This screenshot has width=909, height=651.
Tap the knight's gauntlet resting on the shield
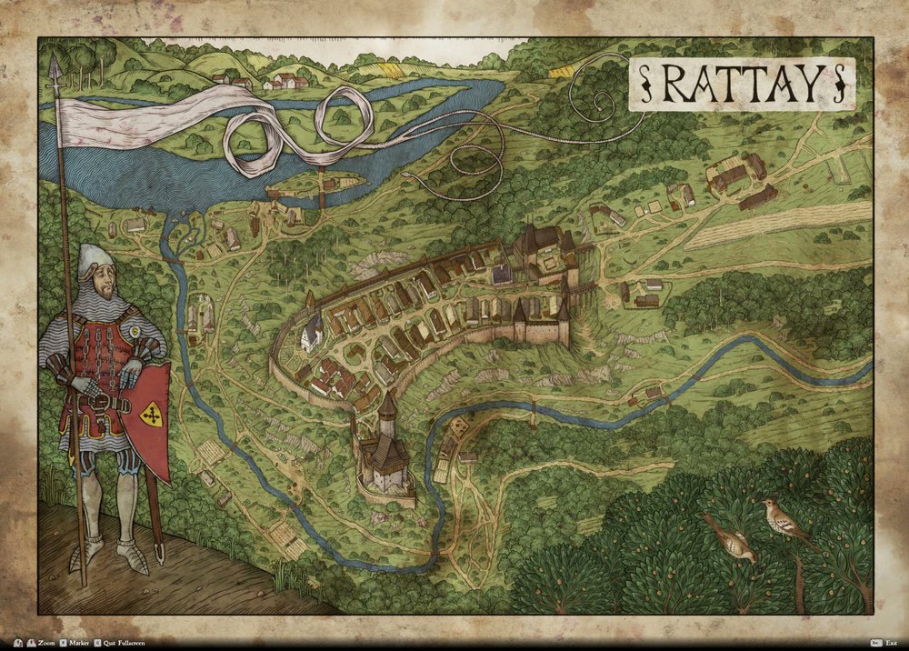[x=132, y=371]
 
